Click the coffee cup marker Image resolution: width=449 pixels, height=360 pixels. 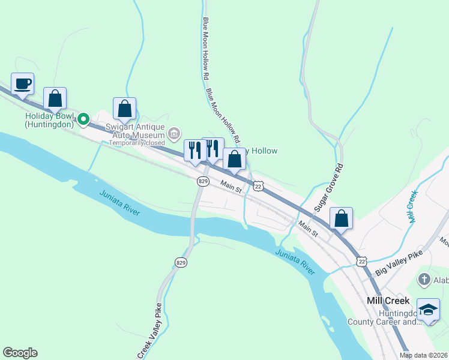[x=22, y=84]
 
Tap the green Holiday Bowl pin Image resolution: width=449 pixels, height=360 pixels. [x=85, y=118]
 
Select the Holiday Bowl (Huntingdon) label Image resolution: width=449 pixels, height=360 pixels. [x=49, y=120]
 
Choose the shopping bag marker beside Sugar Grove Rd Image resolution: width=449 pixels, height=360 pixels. [x=341, y=219]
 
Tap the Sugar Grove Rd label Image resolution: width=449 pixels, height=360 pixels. [x=328, y=187]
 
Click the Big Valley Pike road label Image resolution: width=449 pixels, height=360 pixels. [x=399, y=262]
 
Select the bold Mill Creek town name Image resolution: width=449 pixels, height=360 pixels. [x=388, y=301]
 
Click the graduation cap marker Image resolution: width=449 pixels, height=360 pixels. [x=427, y=310]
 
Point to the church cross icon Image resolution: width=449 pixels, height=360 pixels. [x=424, y=279]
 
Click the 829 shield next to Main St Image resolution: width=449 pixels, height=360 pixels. [x=203, y=181]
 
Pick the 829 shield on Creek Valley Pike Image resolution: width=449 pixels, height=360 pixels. [x=181, y=262]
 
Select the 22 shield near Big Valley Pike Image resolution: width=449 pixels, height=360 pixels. [x=361, y=261]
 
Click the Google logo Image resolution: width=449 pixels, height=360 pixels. [x=20, y=353]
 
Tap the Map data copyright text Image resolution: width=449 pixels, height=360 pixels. [x=423, y=355]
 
